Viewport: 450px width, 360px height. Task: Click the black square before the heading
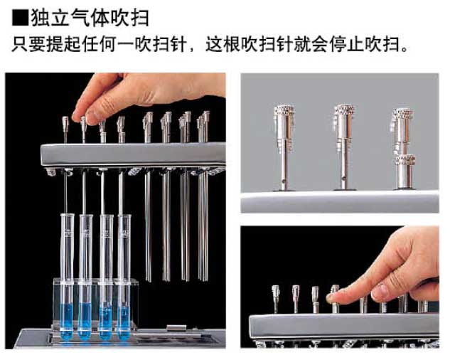(x=20, y=18)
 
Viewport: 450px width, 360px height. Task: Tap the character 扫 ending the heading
(x=140, y=18)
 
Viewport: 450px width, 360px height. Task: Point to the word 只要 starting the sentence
(x=28, y=44)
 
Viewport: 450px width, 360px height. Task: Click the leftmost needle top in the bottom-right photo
(x=276, y=292)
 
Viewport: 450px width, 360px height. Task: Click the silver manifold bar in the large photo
(x=133, y=154)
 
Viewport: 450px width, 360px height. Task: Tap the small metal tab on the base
(x=176, y=328)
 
